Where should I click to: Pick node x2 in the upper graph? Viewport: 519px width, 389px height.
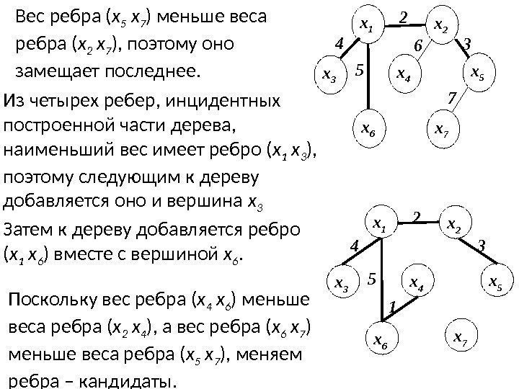[441, 27]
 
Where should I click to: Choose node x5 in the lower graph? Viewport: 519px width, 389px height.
[494, 281]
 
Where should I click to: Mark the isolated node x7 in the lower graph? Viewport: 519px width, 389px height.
[456, 336]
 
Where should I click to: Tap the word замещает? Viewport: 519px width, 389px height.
[52, 72]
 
